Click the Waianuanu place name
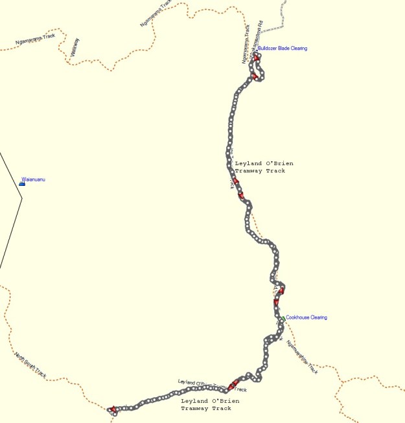pos(33,179)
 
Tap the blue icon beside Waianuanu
pos(22,183)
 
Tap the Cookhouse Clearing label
pos(307,317)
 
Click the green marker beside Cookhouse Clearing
pos(283,318)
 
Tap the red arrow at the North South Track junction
pos(113,409)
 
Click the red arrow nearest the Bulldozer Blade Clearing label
pos(257,58)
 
